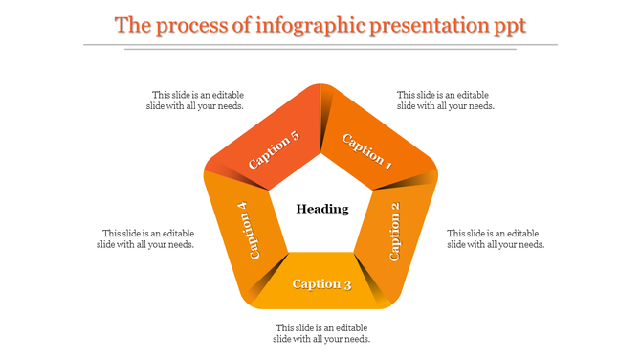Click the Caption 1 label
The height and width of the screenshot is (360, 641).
367,150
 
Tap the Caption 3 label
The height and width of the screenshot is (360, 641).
321,284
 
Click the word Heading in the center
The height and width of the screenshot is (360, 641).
321,209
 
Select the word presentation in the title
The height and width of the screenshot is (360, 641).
435,25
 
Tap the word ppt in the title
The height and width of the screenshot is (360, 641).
510,26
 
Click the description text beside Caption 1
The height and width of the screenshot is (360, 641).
446,101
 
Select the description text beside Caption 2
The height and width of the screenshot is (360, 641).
496,238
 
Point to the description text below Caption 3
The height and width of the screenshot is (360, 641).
321,333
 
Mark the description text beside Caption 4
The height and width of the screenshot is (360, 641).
145,238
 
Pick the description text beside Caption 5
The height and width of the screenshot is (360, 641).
197,101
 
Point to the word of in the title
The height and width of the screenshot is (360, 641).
241,25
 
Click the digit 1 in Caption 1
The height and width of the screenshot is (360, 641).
387,164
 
